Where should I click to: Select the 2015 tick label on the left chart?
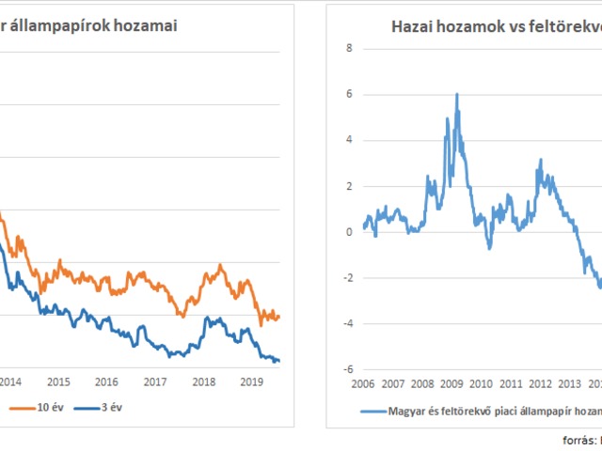point(58,382)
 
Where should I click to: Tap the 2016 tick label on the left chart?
point(107,382)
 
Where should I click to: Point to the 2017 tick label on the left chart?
point(156,382)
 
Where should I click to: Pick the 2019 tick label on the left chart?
point(252,382)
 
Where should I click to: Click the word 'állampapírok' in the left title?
point(55,25)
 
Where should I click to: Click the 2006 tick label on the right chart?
point(364,383)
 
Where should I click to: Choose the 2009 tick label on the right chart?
point(451,383)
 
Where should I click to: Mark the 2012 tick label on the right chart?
point(539,383)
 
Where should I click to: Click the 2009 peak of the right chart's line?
point(457,95)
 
